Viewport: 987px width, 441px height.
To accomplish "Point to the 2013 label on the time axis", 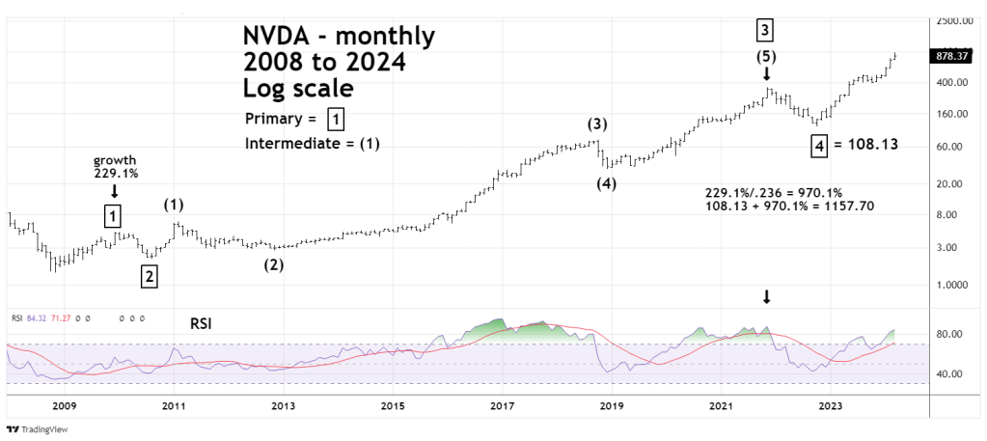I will [x=283, y=407].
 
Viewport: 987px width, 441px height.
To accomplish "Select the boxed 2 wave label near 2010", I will [x=149, y=277].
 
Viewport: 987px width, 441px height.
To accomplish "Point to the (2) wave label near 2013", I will [x=275, y=264].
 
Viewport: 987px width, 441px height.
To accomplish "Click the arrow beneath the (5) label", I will [x=767, y=74].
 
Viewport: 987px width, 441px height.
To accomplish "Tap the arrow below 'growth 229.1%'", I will [x=115, y=190].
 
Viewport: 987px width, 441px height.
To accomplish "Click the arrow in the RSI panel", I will [x=767, y=297].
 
